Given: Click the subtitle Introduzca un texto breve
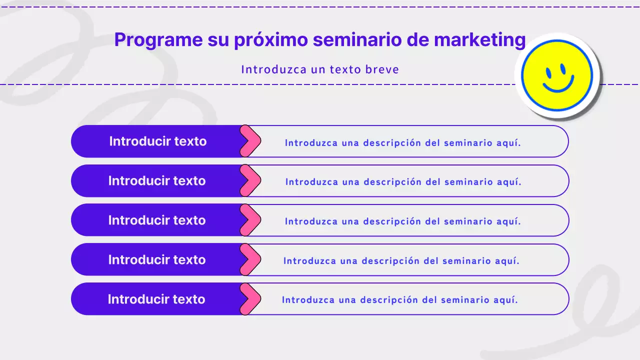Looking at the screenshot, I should click(x=320, y=69).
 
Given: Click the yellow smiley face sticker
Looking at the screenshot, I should click(x=557, y=75).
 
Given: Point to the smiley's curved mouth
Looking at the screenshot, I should click(x=558, y=86).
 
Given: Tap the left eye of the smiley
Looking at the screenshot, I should click(x=548, y=73).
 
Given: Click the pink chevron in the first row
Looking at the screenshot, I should click(x=250, y=141).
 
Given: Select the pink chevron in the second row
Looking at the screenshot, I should click(x=250, y=180).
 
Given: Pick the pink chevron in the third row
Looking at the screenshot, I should click(x=250, y=220).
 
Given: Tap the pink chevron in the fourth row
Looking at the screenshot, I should click(x=250, y=259).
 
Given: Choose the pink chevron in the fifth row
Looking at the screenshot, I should click(x=250, y=299).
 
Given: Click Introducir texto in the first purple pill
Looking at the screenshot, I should click(x=157, y=141).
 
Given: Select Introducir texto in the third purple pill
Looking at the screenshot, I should click(x=157, y=220).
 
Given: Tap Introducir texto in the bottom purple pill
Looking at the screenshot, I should click(x=156, y=299).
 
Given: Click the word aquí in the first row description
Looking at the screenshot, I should click(x=509, y=143).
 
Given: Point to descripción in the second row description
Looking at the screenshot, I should click(x=392, y=182).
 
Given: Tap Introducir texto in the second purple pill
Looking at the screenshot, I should click(x=157, y=180).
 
